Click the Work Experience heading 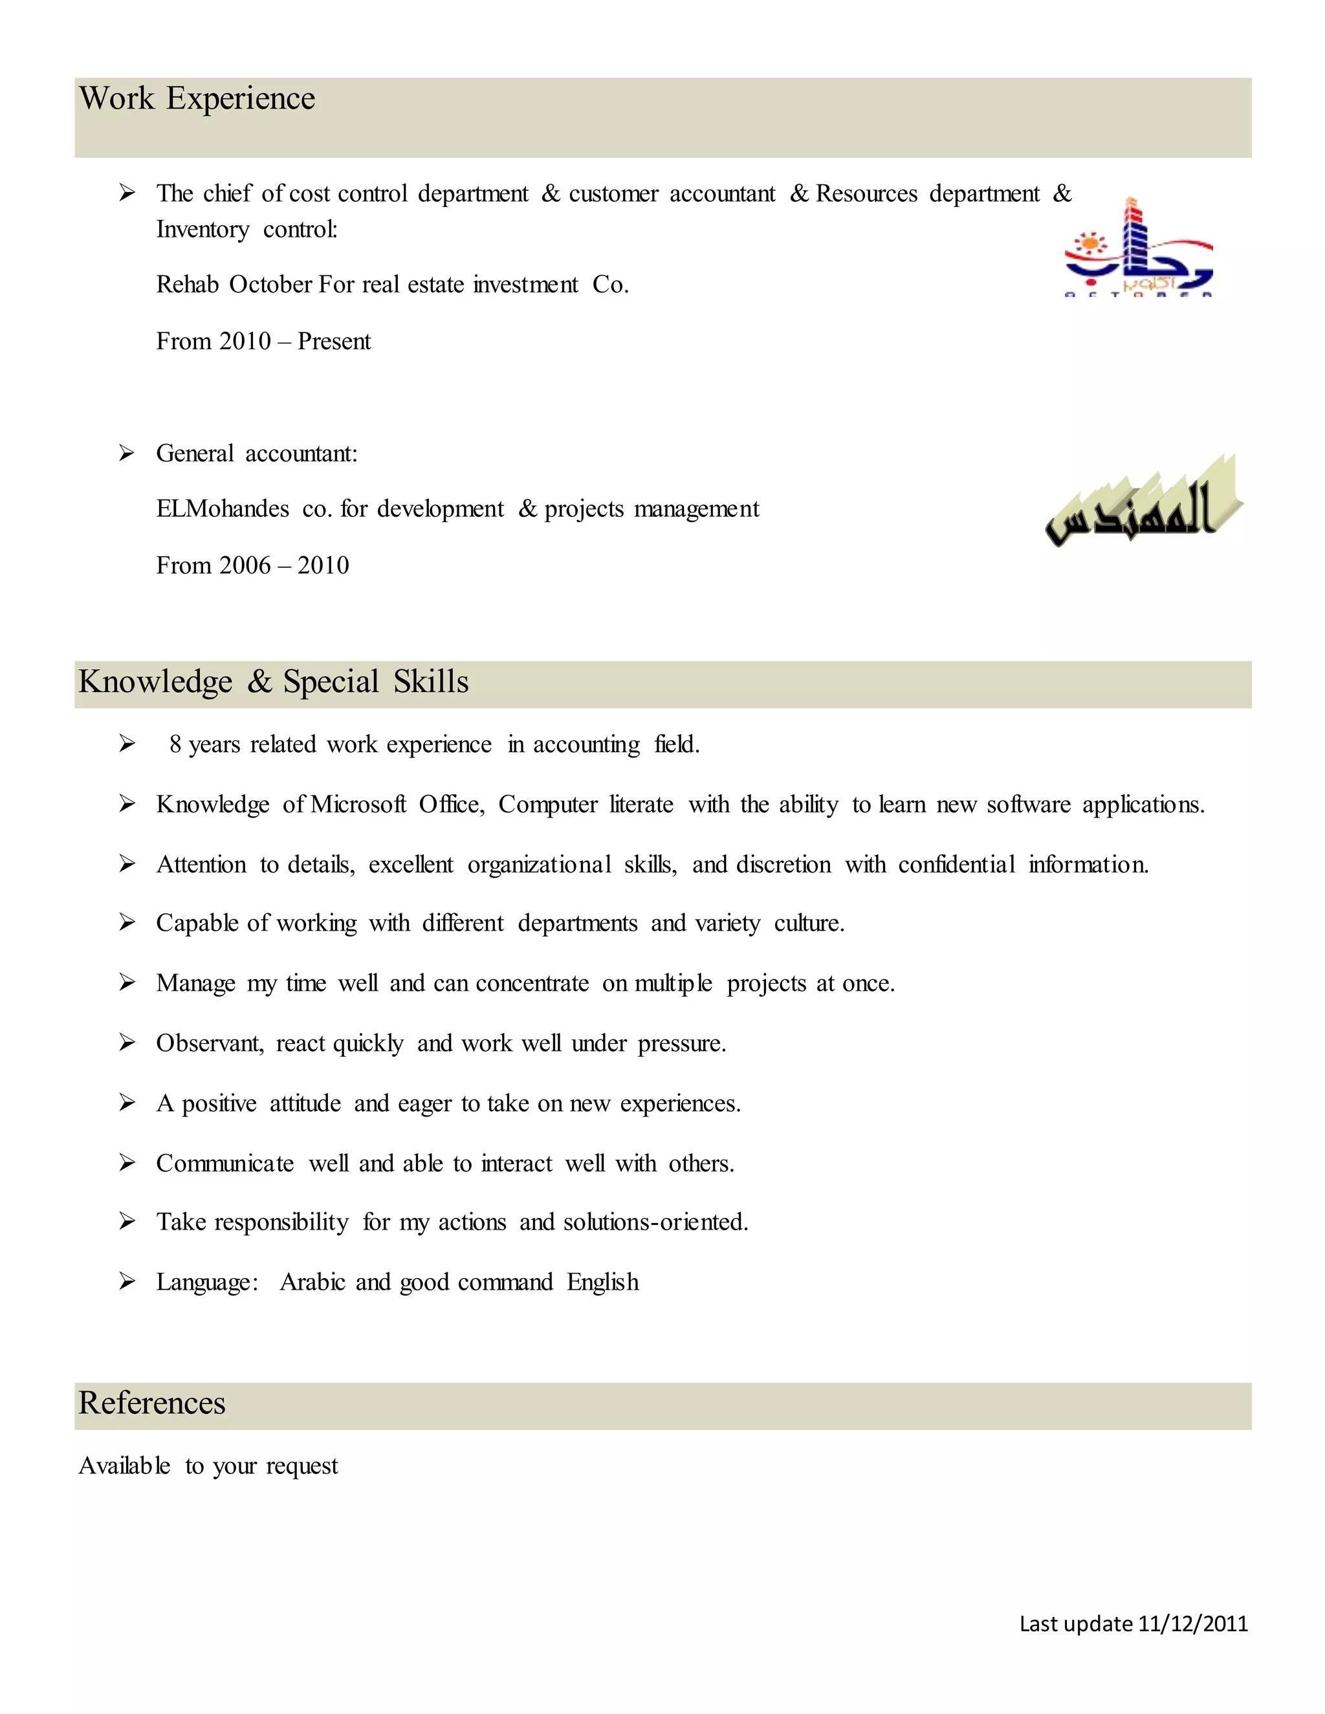(x=197, y=99)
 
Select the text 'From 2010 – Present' (x=263, y=342)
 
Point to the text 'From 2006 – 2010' (x=252, y=565)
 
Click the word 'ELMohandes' (x=222, y=508)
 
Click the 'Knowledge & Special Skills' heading (x=273, y=681)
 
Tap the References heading (x=151, y=1402)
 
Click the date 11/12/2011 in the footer (x=1192, y=1623)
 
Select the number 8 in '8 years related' (x=175, y=744)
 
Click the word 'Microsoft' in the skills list (x=358, y=805)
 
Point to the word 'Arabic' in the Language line (x=312, y=1281)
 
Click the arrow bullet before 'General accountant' (x=126, y=453)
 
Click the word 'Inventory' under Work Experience (x=203, y=229)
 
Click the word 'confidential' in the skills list (x=956, y=864)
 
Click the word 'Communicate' (x=224, y=1163)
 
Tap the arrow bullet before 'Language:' (x=126, y=1281)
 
